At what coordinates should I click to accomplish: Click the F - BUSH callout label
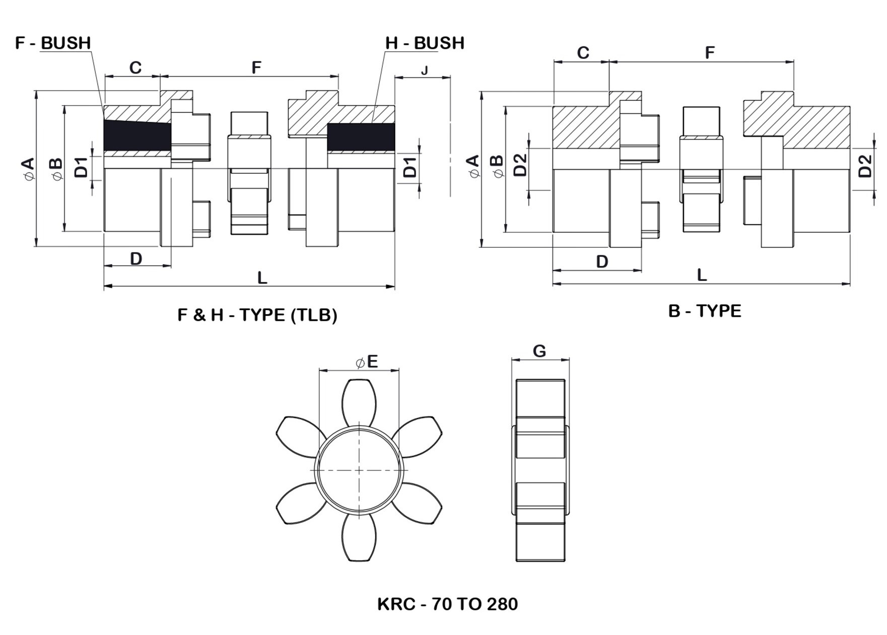point(53,43)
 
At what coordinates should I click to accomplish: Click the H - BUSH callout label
point(425,43)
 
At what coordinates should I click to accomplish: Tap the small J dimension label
point(424,70)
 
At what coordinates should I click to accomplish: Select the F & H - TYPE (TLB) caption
point(257,315)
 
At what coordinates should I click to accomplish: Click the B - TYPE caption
point(704,311)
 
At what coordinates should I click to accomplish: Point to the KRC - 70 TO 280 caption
point(447,603)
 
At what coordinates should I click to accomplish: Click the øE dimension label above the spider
point(367,362)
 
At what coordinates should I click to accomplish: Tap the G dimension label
point(539,351)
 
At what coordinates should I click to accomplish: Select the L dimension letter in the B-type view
point(702,275)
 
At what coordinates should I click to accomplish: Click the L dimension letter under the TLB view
point(262,277)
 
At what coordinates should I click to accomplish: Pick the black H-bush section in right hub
point(361,137)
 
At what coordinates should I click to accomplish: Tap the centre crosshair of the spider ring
point(359,470)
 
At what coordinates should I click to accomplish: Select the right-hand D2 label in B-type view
point(864,166)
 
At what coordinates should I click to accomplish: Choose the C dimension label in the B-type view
point(583,53)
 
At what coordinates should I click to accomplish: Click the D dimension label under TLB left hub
point(136,258)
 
